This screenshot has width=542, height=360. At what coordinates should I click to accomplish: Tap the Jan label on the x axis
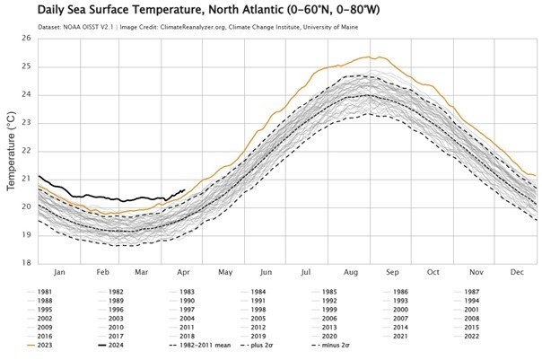tap(58, 272)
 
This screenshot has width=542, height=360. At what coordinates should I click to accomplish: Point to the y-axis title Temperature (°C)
tap(12, 151)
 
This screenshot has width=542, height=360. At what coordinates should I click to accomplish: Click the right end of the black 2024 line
tap(184, 189)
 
